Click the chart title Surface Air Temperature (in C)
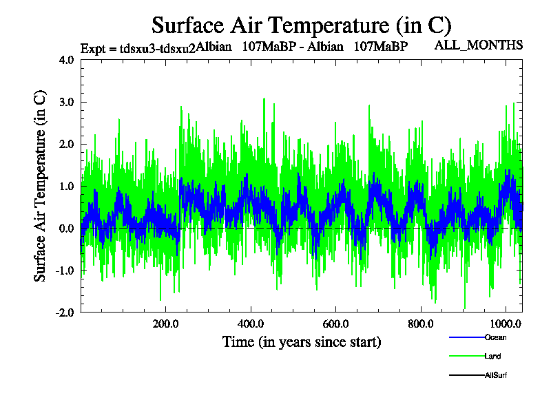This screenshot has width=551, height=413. click(x=301, y=25)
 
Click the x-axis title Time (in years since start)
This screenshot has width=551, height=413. click(x=302, y=341)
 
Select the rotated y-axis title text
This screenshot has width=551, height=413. click(x=41, y=186)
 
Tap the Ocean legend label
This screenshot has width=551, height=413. click(x=496, y=337)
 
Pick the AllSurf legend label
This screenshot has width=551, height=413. click(x=497, y=376)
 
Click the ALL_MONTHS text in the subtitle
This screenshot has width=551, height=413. click(x=478, y=45)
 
